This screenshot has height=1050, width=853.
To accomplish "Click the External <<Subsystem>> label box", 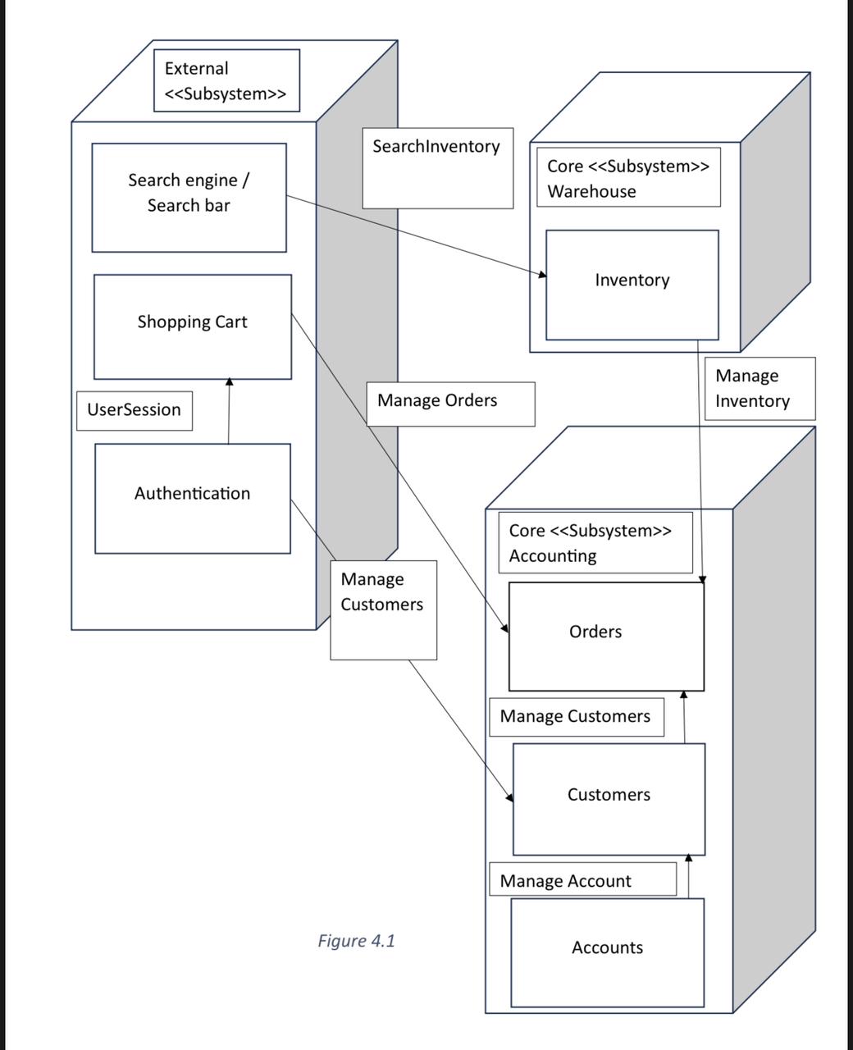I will coord(226,80).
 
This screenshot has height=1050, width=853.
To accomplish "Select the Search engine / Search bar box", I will coord(189,197).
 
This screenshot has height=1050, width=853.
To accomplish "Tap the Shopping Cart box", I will coord(192,326).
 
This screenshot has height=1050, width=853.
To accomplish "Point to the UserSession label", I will coord(135,410).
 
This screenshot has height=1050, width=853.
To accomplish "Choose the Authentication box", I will coord(192,498).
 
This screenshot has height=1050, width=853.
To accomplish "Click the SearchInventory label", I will coord(437,167).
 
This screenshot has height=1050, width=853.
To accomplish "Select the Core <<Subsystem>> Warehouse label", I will coord(627,178).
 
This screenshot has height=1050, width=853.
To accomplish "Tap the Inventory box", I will coord(632,284).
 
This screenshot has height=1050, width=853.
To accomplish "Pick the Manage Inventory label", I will coord(759,388).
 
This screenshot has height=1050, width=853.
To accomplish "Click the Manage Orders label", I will coord(449,403).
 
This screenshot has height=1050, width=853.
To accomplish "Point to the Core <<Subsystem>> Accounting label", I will coord(595,542).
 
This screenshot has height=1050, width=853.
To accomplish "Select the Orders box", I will coord(605,636).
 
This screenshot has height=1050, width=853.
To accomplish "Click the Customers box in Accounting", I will coord(608,798).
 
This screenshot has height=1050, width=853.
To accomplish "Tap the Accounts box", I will coord(607,952).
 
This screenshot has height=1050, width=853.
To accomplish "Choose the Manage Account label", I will coord(582,880).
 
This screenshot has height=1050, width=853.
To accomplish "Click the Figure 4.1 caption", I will coord(356,940).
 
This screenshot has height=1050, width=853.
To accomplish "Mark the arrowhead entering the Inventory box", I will coord(542,274).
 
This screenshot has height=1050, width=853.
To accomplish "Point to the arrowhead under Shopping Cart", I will coord(230,382).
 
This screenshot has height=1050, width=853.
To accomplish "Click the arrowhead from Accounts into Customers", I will coord(688,858).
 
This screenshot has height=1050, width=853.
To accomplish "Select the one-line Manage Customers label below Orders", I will coord(576,717).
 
